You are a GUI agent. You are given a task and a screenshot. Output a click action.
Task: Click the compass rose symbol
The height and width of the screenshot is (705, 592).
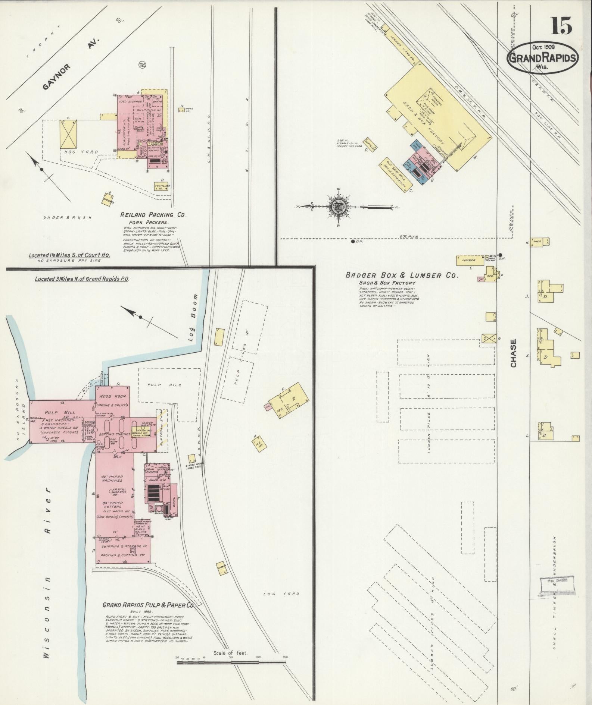coord(339,206)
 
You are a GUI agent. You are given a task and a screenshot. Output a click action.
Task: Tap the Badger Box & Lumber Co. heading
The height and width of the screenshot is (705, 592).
coord(401,276)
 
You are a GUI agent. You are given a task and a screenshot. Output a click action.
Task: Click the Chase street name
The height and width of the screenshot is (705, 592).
coord(513,353)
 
